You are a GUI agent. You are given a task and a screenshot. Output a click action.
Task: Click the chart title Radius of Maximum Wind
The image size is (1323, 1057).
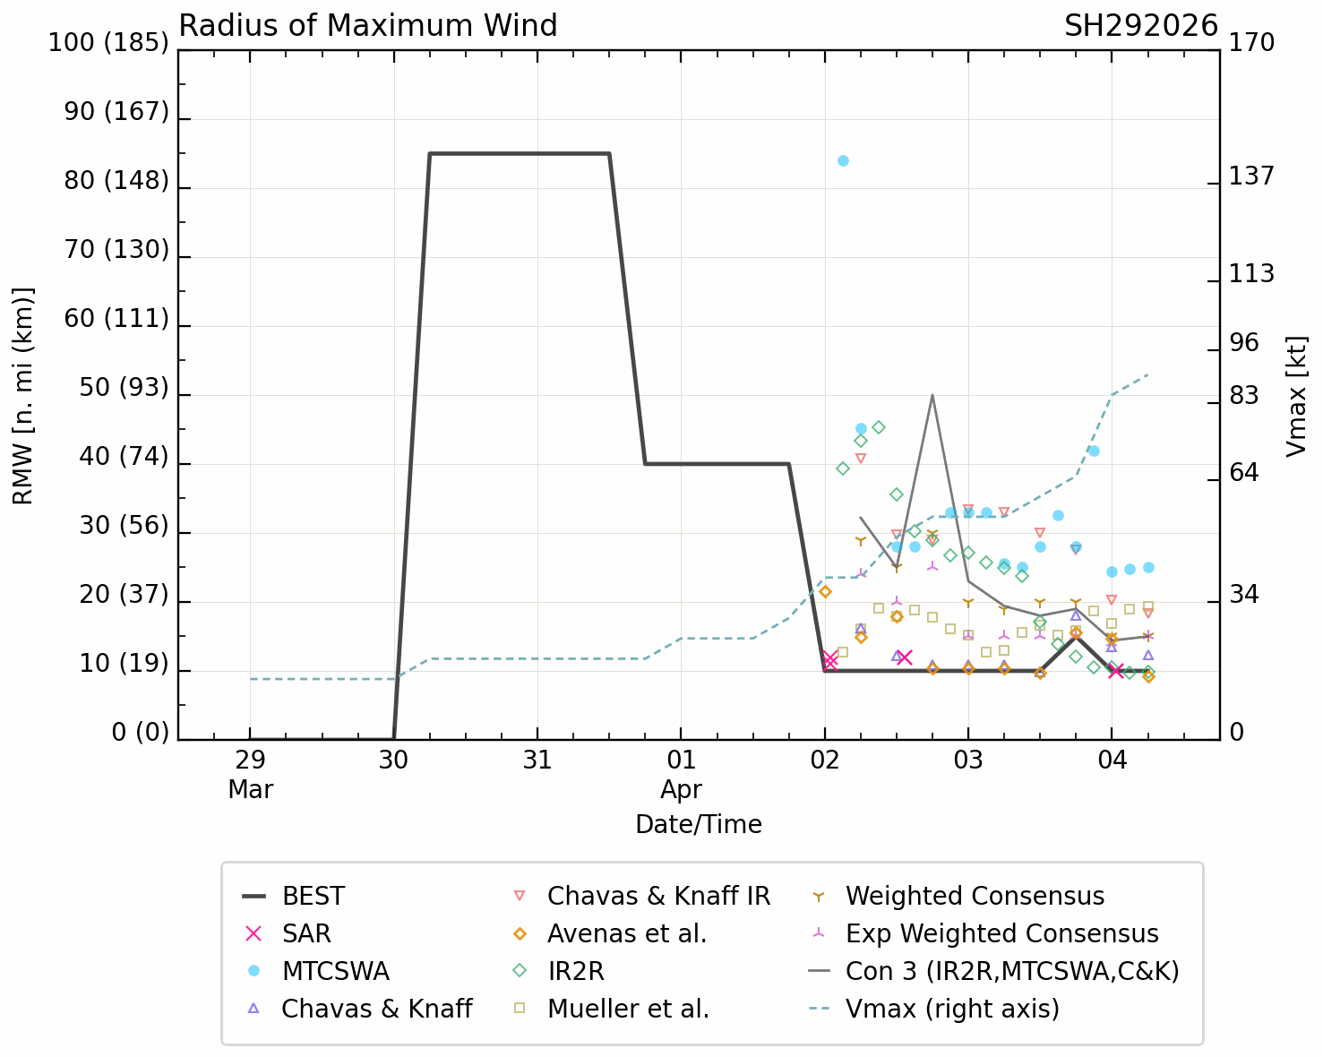click(368, 26)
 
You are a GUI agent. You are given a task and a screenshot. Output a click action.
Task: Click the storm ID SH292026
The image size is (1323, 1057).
click(1140, 26)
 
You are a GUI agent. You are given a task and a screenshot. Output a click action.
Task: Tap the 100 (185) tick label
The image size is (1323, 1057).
click(108, 42)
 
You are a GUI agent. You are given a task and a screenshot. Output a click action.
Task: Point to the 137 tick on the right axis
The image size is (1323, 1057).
click(1250, 176)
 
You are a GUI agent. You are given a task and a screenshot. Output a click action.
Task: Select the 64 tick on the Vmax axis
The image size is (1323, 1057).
click(1243, 472)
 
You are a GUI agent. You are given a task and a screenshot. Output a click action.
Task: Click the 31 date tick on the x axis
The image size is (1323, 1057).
click(537, 760)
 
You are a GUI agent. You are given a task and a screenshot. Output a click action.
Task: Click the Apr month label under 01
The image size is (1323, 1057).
click(681, 789)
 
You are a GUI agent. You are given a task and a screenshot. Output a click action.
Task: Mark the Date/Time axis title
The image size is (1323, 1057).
click(699, 824)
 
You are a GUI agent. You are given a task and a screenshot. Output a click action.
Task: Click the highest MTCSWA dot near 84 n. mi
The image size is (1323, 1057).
click(843, 161)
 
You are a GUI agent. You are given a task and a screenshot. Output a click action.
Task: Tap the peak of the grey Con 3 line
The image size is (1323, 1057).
click(932, 395)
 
